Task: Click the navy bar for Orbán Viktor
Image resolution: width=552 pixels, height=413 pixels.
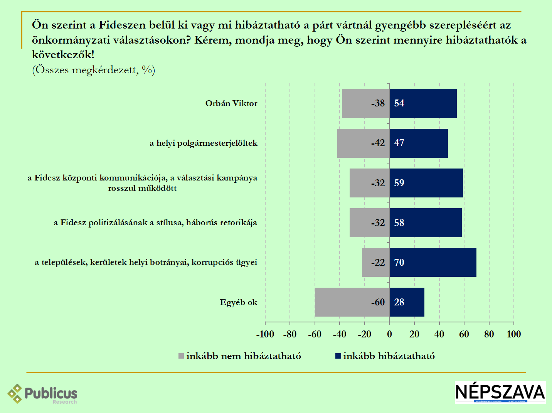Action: [423, 103]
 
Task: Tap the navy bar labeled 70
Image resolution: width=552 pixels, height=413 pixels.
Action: [433, 263]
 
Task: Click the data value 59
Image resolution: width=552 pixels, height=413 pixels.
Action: [399, 183]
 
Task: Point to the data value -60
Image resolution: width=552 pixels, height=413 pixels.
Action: [378, 302]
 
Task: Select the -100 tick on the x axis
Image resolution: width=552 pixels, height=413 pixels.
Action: [265, 334]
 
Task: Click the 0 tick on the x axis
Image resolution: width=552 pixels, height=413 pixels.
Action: [389, 334]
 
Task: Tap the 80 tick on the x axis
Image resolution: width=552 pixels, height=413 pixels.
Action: [489, 334]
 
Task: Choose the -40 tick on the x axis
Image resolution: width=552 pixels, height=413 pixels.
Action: [339, 334]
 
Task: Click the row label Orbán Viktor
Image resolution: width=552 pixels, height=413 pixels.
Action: [231, 103]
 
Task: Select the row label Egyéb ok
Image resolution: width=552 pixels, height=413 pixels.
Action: [239, 302]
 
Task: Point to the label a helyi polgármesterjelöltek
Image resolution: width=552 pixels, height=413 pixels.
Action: [204, 143]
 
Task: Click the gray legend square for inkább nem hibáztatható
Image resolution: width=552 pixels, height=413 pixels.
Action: [181, 356]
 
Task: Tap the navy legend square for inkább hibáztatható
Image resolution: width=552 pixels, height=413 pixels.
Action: [338, 356]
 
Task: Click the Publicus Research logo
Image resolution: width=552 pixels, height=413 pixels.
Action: [42, 394]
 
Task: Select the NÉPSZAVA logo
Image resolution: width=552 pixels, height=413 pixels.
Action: [500, 392]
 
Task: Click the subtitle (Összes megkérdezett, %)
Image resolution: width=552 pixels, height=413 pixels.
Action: [93, 70]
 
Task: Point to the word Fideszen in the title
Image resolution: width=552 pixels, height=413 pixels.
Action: [122, 25]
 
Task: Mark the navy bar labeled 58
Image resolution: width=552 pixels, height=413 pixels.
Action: [426, 223]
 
